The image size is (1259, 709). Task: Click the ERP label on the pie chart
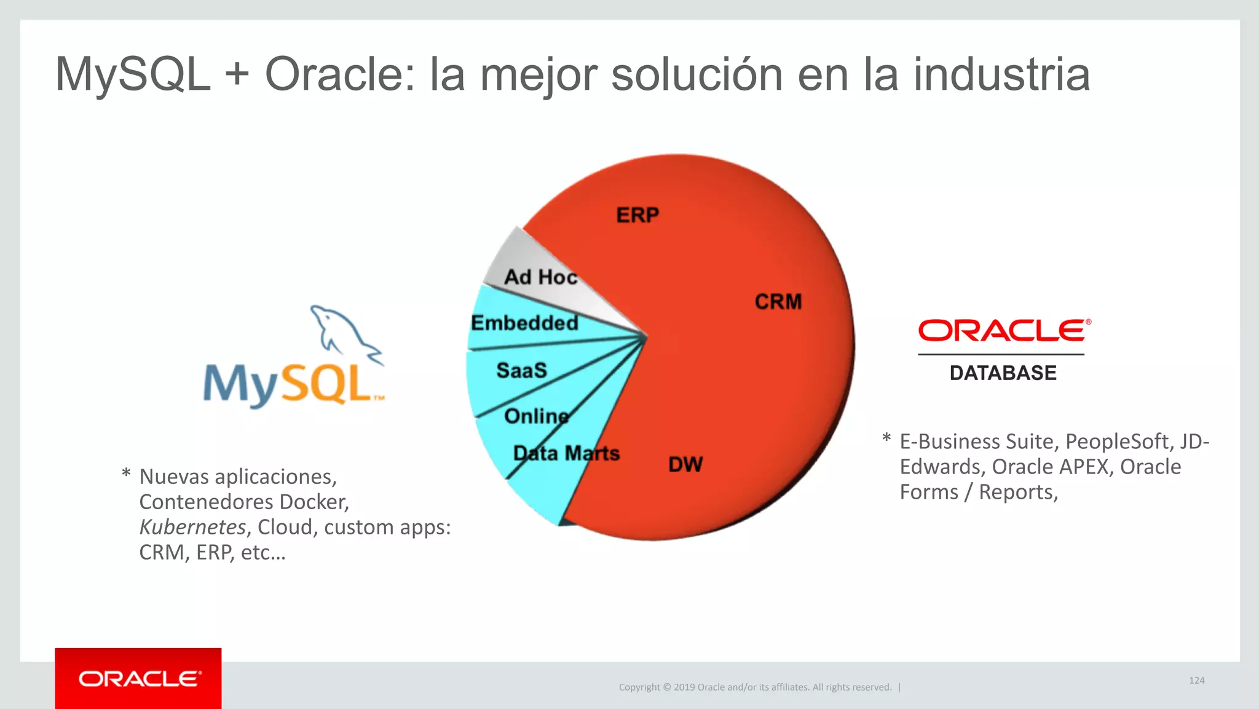point(637,215)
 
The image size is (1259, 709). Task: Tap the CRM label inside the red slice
point(778,302)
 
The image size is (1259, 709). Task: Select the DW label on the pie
point(685,464)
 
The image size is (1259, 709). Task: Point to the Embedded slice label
point(524,323)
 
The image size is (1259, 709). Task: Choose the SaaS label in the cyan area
point(521,370)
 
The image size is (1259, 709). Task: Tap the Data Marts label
point(566,453)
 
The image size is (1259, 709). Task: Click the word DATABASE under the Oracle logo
point(1003,373)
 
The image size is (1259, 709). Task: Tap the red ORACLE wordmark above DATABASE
point(1003,331)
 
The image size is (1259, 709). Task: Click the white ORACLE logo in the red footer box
point(139,679)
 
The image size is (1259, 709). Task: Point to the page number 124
point(1196,680)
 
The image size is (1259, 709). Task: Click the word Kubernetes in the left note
point(192,527)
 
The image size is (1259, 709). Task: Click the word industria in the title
point(1001,74)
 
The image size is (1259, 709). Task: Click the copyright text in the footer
point(755,687)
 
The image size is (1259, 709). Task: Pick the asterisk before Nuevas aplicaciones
point(126,474)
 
